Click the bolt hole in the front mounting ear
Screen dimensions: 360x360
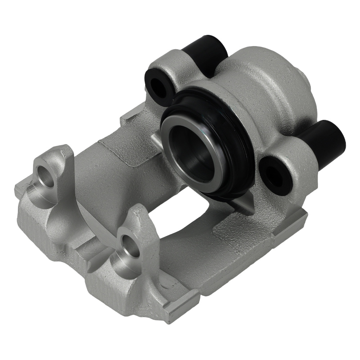click(x=130, y=247)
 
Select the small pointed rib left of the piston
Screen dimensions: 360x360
click(x=156, y=139)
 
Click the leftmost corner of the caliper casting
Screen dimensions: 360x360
click(x=18, y=187)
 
